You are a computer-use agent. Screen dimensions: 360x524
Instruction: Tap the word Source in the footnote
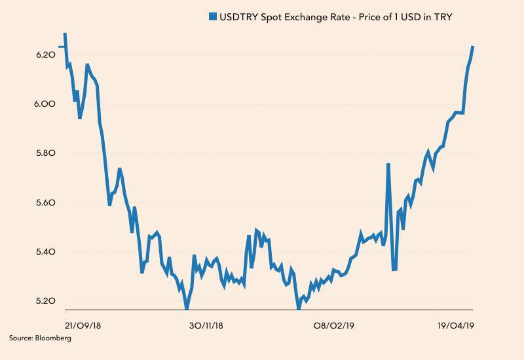(x=20, y=338)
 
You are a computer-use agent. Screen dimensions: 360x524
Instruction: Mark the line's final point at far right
(x=473, y=46)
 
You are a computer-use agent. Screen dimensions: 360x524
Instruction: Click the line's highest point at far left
(x=64, y=33)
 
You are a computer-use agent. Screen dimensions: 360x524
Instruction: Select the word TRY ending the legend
(x=443, y=16)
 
